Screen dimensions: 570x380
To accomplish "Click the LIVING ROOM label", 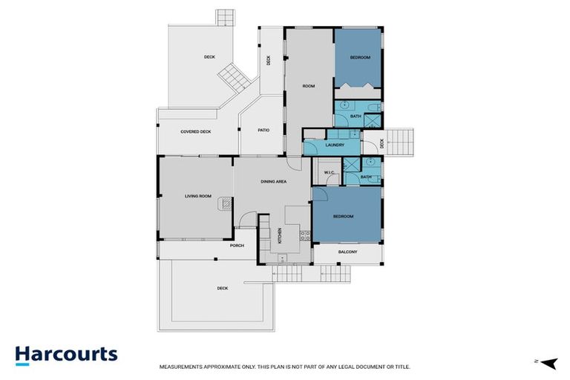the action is tap(198, 196).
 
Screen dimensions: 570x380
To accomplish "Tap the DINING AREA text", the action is tap(274, 181).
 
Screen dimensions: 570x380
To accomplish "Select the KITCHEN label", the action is tap(280, 235).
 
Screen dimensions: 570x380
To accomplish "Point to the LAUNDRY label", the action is tap(335, 145).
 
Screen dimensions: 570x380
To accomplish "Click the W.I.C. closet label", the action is tap(330, 172).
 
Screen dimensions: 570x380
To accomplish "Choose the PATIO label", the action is tap(263, 130).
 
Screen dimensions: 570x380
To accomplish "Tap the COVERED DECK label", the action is tap(196, 131).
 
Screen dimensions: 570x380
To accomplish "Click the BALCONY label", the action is tap(348, 252).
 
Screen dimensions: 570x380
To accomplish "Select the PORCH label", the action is tap(237, 246).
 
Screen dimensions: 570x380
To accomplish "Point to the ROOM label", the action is tap(309, 86).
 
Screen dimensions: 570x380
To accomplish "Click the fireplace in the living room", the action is tap(225, 203).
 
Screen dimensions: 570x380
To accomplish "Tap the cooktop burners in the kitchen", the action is tap(305, 235).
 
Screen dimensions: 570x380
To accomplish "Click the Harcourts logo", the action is tap(66, 356).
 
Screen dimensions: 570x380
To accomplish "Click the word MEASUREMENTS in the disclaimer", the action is tap(180, 367).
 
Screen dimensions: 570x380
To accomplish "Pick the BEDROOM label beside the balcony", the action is tap(343, 217).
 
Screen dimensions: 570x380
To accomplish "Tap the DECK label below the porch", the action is tap(223, 288).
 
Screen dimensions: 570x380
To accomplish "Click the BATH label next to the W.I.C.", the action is tap(366, 177).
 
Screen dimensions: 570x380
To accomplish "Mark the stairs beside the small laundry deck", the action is tap(399, 142).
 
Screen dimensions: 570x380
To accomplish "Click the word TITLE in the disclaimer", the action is tap(404, 367).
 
